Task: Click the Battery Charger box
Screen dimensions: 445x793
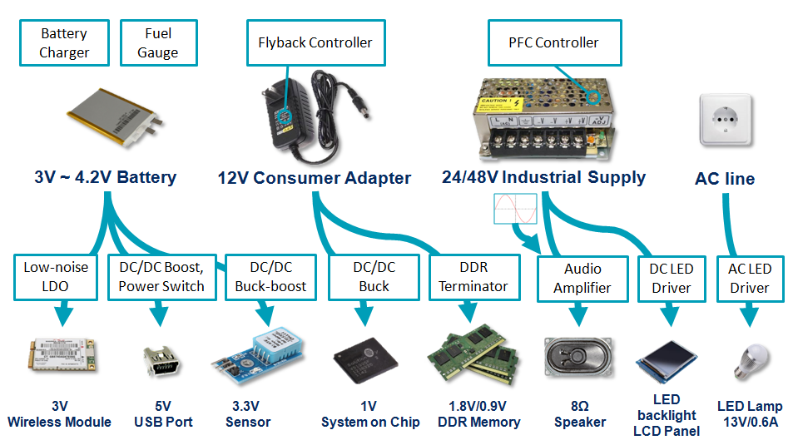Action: pos(64,43)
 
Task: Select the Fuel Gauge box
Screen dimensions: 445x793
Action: pos(158,43)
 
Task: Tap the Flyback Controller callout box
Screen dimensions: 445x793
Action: pos(315,42)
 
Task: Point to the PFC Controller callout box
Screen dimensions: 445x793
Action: pos(553,42)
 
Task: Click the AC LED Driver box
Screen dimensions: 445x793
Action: pos(749,279)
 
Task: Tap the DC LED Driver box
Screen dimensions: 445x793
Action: pos(671,279)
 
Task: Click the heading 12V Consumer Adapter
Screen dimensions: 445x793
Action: pos(315,178)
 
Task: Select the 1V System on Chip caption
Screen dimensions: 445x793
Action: pos(370,414)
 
